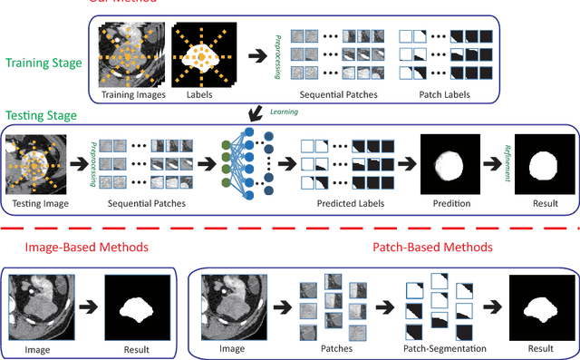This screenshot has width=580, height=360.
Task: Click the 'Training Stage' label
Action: (43, 63)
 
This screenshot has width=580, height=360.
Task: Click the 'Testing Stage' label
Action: (40, 117)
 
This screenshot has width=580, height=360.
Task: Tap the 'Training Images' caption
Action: (133, 93)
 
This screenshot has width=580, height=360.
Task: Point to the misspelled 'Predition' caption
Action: (450, 204)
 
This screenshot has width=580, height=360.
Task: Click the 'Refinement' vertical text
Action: (510, 162)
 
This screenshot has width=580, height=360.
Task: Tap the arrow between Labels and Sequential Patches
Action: (258, 55)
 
